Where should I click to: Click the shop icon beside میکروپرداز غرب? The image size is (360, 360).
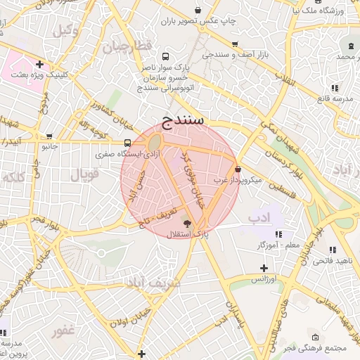[238, 169]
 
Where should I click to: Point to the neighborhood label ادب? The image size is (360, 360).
[259, 218]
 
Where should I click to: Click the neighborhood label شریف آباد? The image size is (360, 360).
[153, 281]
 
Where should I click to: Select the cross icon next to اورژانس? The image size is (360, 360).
[263, 268]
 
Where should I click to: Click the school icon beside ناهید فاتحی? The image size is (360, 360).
[333, 249]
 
